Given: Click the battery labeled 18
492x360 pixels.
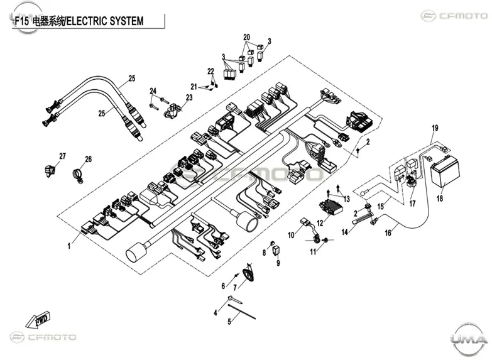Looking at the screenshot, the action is pos(445,172).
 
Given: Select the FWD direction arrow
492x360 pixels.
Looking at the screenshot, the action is pos(38,320).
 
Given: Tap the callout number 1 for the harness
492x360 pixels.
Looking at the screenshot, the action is pos(69,246).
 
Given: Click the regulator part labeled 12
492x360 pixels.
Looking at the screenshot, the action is pos(331,207).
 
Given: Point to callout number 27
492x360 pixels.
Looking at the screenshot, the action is pos(63,156).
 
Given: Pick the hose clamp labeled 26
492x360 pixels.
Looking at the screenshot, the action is pos(78,175).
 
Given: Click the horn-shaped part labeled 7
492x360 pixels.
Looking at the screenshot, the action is pos(249,274).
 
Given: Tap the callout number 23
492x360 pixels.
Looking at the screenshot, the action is pos(189,97).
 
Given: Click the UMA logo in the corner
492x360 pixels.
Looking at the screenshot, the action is pos(469,339).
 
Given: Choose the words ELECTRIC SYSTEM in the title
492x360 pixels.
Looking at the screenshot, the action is pos(106,21).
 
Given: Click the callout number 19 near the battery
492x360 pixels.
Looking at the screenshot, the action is pos(435,128).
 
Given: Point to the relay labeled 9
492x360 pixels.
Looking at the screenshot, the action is pos(276,251).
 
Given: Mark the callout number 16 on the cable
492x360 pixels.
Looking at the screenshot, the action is pos(388,232).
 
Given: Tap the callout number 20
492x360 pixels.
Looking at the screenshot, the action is pos(246,37).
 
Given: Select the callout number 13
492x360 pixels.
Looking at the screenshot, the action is pos(346,199).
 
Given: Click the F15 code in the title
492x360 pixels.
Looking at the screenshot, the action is pos(21,21).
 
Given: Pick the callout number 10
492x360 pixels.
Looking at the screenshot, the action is pos(291,235).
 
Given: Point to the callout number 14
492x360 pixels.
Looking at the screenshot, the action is pos(344,232).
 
